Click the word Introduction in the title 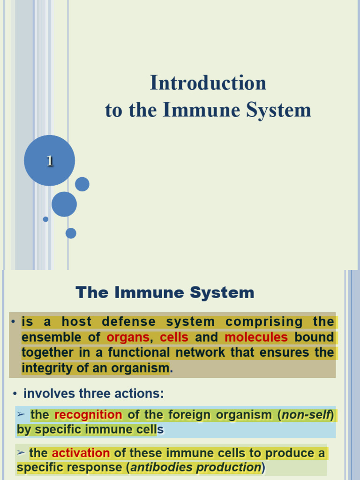(208, 83)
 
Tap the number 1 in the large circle (49, 161)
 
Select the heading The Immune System (165, 292)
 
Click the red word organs (128, 337)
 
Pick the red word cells (174, 337)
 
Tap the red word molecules (256, 337)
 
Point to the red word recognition (88, 415)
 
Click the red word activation (81, 453)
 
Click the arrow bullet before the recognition (20, 414)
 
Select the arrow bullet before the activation (20, 453)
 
